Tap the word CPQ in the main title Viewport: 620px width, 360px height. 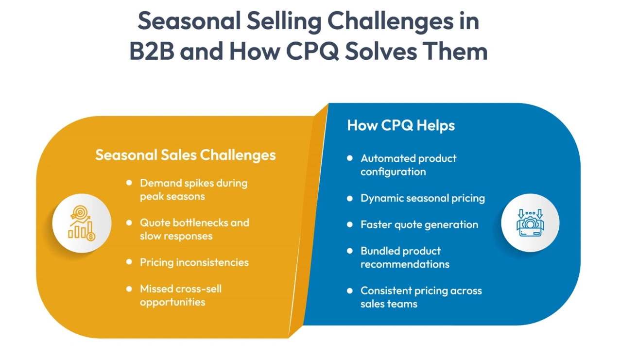pyautogui.click(x=311, y=51)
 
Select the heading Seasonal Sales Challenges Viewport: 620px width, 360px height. pyautogui.click(x=185, y=155)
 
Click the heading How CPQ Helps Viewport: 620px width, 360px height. pyautogui.click(x=401, y=125)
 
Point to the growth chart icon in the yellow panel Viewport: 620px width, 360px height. pyautogui.click(x=82, y=223)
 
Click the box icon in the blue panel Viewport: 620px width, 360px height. pyautogui.click(x=530, y=223)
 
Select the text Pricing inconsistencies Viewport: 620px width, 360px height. pyautogui.click(x=194, y=262)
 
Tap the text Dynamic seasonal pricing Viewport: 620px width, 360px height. pyautogui.click(x=422, y=198)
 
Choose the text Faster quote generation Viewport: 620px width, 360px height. pyautogui.click(x=419, y=224)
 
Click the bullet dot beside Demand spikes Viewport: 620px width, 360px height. pyautogui.click(x=129, y=183)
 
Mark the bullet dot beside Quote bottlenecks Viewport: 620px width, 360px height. pyautogui.click(x=129, y=223)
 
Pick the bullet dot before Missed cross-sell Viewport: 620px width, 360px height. pyautogui.click(x=129, y=289)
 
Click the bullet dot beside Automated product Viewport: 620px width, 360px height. pyautogui.click(x=349, y=158)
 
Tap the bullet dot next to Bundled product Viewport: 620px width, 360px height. pyautogui.click(x=349, y=251)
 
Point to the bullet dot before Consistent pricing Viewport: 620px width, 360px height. pyautogui.click(x=349, y=291)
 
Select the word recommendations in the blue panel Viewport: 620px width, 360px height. pyautogui.click(x=404, y=264)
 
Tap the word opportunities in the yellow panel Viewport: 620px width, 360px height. pyautogui.click(x=172, y=302)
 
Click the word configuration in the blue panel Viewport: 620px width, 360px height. pyautogui.click(x=393, y=171)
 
